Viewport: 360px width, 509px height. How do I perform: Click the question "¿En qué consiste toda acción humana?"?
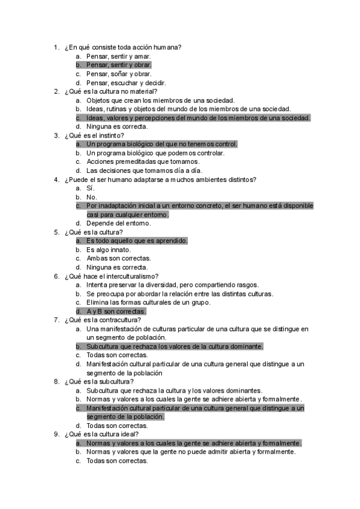coord(123,47)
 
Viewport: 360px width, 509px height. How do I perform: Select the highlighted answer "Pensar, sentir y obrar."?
coord(119,65)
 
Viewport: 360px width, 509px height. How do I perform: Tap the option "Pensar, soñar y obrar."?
coord(118,74)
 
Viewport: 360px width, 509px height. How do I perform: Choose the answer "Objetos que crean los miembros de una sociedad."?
coord(160,100)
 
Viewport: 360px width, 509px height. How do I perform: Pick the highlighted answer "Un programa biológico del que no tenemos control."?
coord(161,144)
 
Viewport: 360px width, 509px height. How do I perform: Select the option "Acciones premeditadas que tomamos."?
coord(143,162)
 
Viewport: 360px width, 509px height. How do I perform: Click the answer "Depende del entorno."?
coord(119,223)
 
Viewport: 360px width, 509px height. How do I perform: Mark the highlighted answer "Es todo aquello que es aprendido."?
coord(137,241)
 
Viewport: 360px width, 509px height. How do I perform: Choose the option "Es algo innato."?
coord(109,250)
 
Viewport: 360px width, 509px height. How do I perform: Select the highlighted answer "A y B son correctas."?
coord(116,312)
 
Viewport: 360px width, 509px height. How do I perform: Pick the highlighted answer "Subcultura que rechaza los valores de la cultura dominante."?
coord(175,346)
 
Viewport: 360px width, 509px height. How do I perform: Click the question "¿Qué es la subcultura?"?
coord(103,381)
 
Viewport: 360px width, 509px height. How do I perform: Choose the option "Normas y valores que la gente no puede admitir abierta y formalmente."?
coord(191,452)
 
